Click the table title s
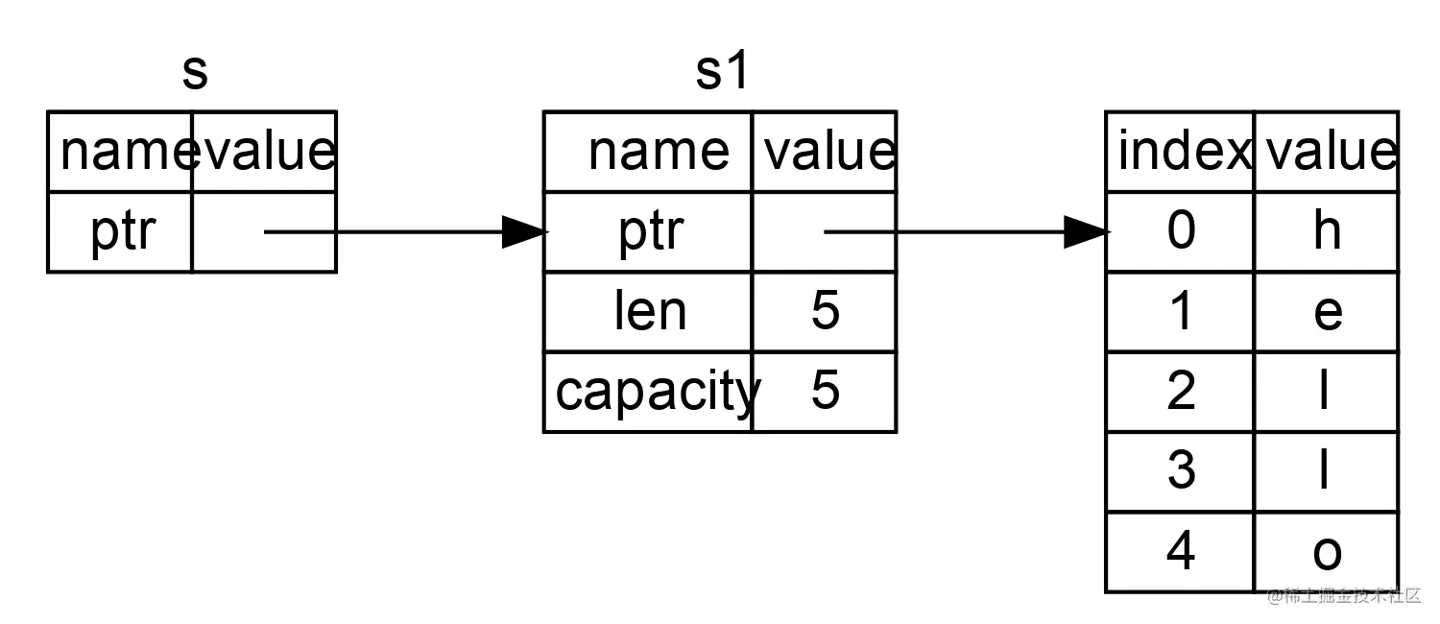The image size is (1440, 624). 195,73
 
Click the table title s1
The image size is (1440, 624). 721,73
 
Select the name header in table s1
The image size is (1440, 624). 658,152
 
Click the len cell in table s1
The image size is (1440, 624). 650,312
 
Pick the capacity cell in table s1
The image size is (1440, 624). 656,392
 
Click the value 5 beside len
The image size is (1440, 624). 825,312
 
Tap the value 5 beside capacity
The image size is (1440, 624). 825,392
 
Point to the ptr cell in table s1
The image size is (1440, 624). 650,231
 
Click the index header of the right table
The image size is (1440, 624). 1183,152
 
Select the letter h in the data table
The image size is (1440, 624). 1326,231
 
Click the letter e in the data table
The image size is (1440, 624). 1326,312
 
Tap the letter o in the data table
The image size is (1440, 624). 1326,552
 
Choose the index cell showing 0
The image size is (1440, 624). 1181,231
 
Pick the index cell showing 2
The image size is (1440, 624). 1181,392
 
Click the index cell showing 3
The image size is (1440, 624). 1181,471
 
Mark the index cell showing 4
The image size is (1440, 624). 1181,552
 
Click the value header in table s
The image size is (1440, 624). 265,152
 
